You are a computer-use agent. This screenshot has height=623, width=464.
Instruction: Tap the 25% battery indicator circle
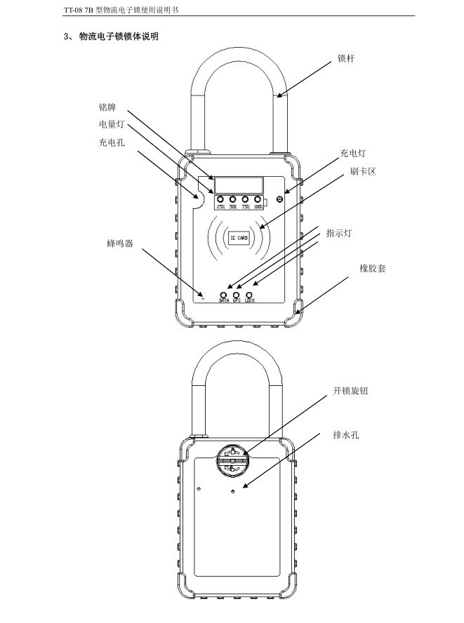(221, 199)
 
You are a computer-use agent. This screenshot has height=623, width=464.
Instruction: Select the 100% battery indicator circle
(258, 199)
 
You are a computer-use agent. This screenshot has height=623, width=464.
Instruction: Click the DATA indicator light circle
(224, 295)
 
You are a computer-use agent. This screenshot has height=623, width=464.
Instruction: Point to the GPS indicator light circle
(237, 295)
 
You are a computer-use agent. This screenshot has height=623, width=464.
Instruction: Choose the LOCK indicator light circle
(249, 295)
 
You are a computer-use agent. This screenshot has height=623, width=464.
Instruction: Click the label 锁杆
(346, 59)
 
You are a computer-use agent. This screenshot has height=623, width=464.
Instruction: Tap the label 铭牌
(107, 108)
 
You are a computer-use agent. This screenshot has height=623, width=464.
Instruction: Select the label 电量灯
(111, 125)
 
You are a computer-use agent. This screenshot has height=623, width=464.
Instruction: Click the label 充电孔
(111, 142)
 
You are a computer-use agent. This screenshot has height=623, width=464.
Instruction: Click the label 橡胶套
(372, 268)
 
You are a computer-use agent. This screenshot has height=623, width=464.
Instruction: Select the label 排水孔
(345, 435)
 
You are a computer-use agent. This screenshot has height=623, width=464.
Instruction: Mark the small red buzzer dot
(203, 297)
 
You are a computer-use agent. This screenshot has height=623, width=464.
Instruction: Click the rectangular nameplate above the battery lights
(239, 183)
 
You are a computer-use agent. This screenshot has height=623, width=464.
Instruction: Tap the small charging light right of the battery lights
(280, 199)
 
